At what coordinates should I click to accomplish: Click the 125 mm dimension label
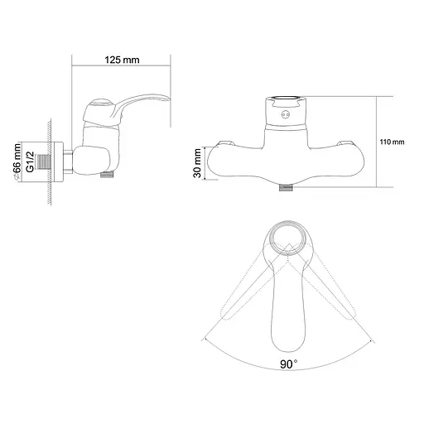[x=122, y=60]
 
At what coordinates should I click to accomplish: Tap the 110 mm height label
[x=392, y=142]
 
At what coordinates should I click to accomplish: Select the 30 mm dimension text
[x=198, y=163]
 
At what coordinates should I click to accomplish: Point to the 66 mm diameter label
[x=17, y=162]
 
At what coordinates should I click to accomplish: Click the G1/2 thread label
[x=30, y=161]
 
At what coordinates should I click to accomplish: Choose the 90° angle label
[x=289, y=364]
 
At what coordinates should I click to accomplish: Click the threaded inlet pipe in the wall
[x=44, y=162]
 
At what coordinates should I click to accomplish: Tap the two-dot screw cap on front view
[x=286, y=114]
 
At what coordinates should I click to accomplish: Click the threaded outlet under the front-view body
[x=286, y=188]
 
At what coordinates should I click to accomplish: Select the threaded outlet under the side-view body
[x=107, y=175]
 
